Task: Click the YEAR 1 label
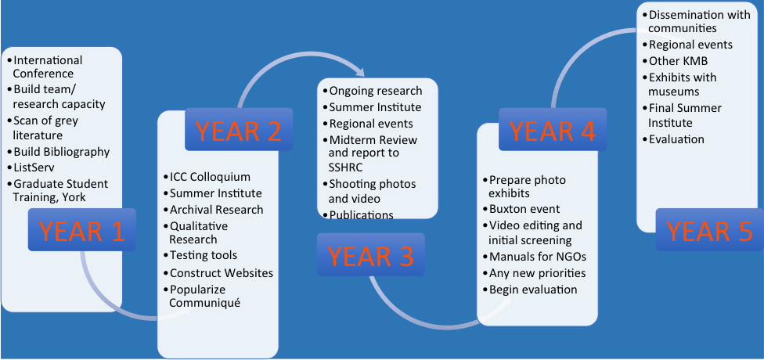tap(82, 229)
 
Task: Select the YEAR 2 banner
tap(239, 129)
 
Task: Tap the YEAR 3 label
tap(371, 255)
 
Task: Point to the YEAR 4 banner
tap(553, 129)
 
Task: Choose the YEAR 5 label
tap(709, 229)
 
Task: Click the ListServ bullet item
tap(31, 167)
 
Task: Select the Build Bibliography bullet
tap(59, 152)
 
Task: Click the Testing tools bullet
tap(200, 255)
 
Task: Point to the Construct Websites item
tap(218, 273)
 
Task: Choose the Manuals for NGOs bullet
tap(535, 257)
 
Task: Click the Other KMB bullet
tap(675, 61)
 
